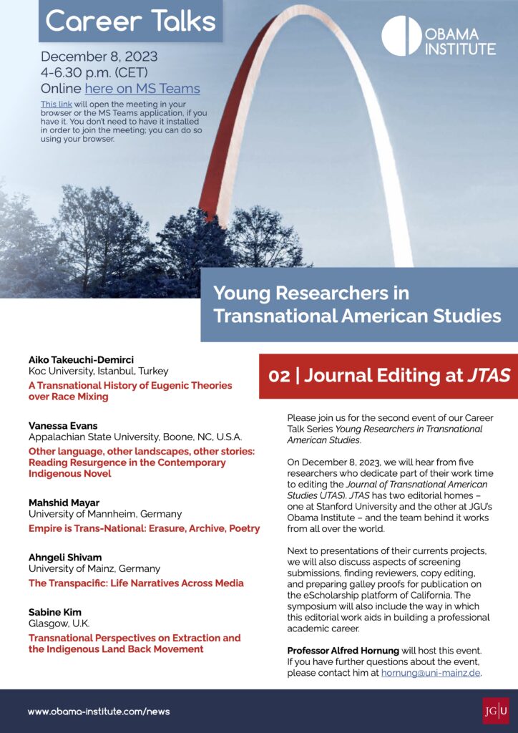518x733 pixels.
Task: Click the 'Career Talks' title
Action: pyautogui.click(x=130, y=21)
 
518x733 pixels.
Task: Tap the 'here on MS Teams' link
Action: pyautogui.click(x=142, y=89)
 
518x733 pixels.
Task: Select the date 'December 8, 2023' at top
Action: pyautogui.click(x=99, y=57)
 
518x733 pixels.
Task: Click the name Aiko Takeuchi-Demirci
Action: pyautogui.click(x=82, y=359)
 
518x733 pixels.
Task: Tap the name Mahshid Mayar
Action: pyautogui.click(x=64, y=503)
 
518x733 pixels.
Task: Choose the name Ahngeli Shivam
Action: pyautogui.click(x=66, y=558)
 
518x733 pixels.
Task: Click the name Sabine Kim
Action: pyautogui.click(x=55, y=612)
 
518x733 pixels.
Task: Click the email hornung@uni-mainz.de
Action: pyautogui.click(x=431, y=673)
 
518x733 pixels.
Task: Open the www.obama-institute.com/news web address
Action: pyautogui.click(x=99, y=712)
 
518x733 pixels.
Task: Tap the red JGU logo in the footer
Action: pyautogui.click(x=496, y=711)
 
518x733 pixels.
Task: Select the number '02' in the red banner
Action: pyautogui.click(x=279, y=376)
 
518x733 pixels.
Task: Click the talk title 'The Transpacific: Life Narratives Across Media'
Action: pyautogui.click(x=136, y=583)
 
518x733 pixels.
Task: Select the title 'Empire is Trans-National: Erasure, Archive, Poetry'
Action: pyautogui.click(x=144, y=528)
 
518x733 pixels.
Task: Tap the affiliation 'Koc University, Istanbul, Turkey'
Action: pyautogui.click(x=99, y=371)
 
